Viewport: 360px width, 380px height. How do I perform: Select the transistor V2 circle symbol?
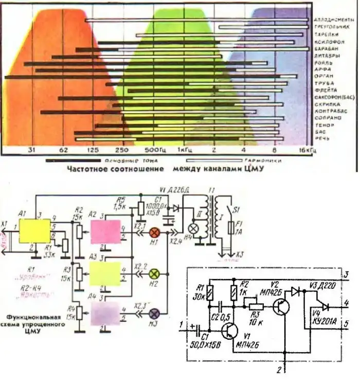coord(281,306)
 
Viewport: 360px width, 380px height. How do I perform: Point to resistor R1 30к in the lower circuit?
coord(210,293)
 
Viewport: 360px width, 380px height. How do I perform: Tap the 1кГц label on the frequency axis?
coord(183,151)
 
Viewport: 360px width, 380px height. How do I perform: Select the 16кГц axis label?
coord(307,151)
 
